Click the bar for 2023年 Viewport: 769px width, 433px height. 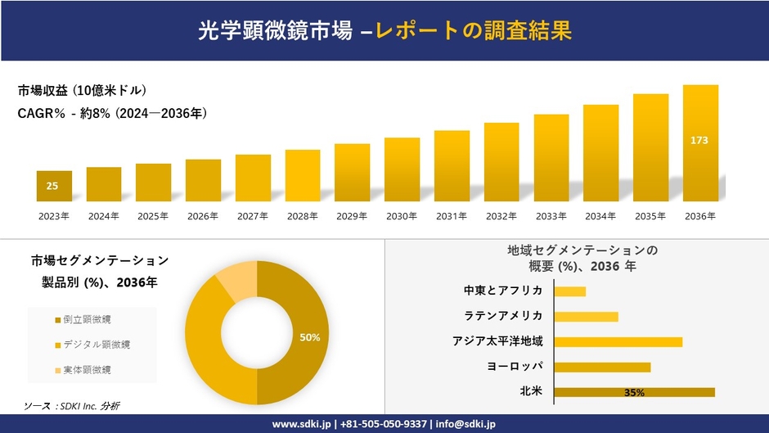click(x=54, y=186)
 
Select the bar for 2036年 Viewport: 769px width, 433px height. click(x=700, y=143)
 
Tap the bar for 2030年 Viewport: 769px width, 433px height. click(x=402, y=169)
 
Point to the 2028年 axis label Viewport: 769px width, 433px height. click(x=302, y=216)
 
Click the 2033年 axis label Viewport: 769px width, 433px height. click(x=551, y=216)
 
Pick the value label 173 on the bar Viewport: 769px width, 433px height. click(x=699, y=141)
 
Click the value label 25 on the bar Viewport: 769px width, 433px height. click(x=52, y=186)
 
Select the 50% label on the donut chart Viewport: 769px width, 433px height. click(x=309, y=337)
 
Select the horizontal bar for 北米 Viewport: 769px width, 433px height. click(x=634, y=392)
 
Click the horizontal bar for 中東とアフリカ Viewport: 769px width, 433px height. click(x=570, y=291)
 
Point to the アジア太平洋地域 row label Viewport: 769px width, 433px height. click(x=497, y=341)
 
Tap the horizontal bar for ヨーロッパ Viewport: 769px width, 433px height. click(x=602, y=367)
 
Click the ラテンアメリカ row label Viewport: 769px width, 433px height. click(x=502, y=316)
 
